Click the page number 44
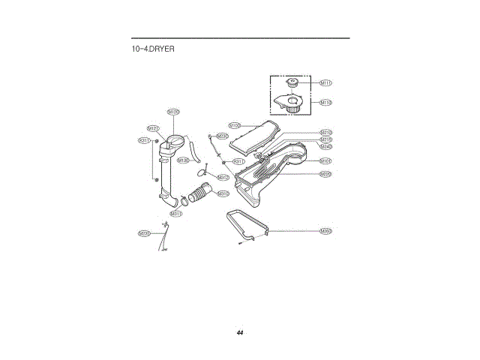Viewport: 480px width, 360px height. click(x=240, y=332)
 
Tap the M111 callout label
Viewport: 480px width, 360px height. click(x=326, y=83)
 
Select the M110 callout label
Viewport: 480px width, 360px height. click(x=326, y=102)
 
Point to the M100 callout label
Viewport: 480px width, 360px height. click(x=235, y=125)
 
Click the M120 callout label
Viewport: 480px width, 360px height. click(x=173, y=112)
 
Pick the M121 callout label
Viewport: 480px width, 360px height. click(x=153, y=128)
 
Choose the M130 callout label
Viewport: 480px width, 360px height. click(x=183, y=160)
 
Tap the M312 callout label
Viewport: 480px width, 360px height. click(x=223, y=177)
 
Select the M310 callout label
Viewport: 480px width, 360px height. click(x=223, y=193)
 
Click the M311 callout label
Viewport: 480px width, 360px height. click(x=176, y=213)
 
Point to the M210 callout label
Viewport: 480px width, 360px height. click(x=326, y=132)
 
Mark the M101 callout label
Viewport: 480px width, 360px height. click(x=326, y=160)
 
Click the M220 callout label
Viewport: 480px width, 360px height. click(x=326, y=174)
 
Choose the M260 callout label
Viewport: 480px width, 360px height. click(x=326, y=231)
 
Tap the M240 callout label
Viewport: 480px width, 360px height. click(x=326, y=146)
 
